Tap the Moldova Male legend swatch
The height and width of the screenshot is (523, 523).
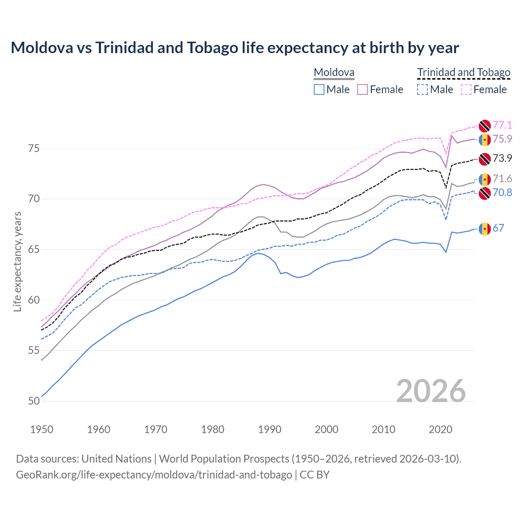[x=319, y=89]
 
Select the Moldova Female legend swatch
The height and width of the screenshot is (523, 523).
[x=362, y=89]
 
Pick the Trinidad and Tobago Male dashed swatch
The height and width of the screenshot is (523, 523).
[x=422, y=89]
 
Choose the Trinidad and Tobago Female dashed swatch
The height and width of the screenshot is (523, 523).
[x=466, y=89]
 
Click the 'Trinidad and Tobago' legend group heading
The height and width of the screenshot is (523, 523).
[x=464, y=72]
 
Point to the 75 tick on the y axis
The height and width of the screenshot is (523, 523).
[x=34, y=148]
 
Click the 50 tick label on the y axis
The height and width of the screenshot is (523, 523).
[x=34, y=401]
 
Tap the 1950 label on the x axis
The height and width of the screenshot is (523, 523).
[x=42, y=429]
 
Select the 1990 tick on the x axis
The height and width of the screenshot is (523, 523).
[x=270, y=429]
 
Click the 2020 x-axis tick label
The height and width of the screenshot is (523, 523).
[x=440, y=429]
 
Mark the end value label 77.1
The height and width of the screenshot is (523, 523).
[x=502, y=125]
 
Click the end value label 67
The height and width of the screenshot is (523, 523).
[x=498, y=228]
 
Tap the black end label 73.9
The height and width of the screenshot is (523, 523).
[x=502, y=158]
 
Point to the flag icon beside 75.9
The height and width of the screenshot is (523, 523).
[x=485, y=139]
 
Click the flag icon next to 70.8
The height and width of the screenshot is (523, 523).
[x=485, y=193]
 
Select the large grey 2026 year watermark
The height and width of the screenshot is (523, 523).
[x=431, y=391]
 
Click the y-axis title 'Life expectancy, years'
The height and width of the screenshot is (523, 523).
[x=18, y=261]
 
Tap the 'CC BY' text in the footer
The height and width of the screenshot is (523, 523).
[x=315, y=475]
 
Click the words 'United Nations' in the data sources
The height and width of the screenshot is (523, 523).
[x=116, y=459]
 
